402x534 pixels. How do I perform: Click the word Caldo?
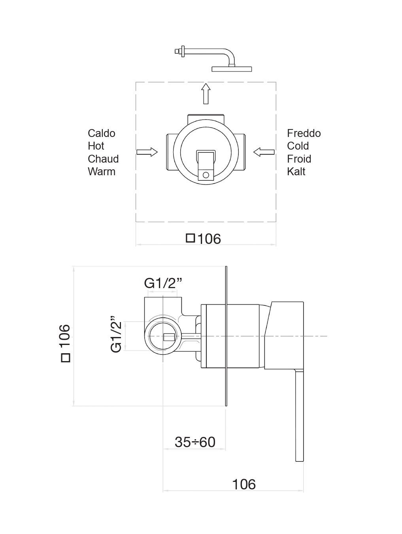coord(102,133)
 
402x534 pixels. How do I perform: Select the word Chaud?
coord(103,159)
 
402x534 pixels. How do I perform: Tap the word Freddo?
coord(304,133)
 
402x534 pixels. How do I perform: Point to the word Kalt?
coord(296,172)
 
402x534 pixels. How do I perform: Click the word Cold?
coord(298,146)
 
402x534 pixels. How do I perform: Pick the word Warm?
coord(102,172)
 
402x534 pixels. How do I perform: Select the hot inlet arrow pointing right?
coord(147,152)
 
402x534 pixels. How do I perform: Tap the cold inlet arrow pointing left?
coord(264,152)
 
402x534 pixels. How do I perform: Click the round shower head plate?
coord(232,69)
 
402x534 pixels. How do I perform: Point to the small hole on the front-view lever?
coord(206,174)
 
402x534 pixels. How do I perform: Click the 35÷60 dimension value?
coord(195,442)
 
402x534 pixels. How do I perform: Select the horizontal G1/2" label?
coord(163,283)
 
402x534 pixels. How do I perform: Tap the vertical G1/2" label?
coord(116,334)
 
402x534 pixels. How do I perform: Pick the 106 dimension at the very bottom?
coord(243,484)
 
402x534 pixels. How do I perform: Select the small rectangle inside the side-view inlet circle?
coord(169,337)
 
